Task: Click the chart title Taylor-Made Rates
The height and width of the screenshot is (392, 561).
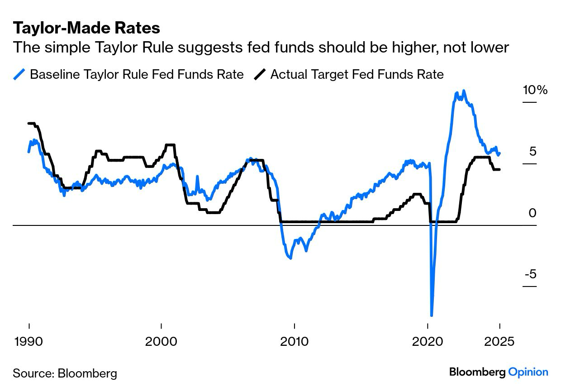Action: (86, 28)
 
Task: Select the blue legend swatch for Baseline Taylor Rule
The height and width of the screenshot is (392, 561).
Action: (20, 74)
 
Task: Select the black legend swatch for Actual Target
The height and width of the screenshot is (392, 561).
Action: (261, 74)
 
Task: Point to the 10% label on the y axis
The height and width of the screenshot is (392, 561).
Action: (535, 90)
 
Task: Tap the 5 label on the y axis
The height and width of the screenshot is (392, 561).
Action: (532, 151)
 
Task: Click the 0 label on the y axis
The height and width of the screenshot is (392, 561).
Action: (532, 213)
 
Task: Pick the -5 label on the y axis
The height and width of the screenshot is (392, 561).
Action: (530, 274)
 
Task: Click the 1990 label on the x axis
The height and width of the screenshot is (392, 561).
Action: (29, 341)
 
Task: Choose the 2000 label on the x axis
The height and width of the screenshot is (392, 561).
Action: (162, 341)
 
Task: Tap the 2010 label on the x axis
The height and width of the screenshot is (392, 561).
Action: (295, 341)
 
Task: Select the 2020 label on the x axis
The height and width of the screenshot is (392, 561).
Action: (428, 341)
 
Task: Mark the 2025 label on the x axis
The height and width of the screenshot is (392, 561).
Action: (499, 341)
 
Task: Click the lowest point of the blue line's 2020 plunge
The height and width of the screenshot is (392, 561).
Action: (431, 316)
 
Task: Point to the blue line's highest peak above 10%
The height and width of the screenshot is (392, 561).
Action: (464, 91)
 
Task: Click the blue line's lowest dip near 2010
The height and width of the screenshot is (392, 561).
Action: (290, 258)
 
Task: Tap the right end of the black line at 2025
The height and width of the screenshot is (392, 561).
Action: (499, 169)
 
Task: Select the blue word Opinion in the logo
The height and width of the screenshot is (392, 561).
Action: (528, 372)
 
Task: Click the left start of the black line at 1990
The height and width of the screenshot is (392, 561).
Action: (29, 123)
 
